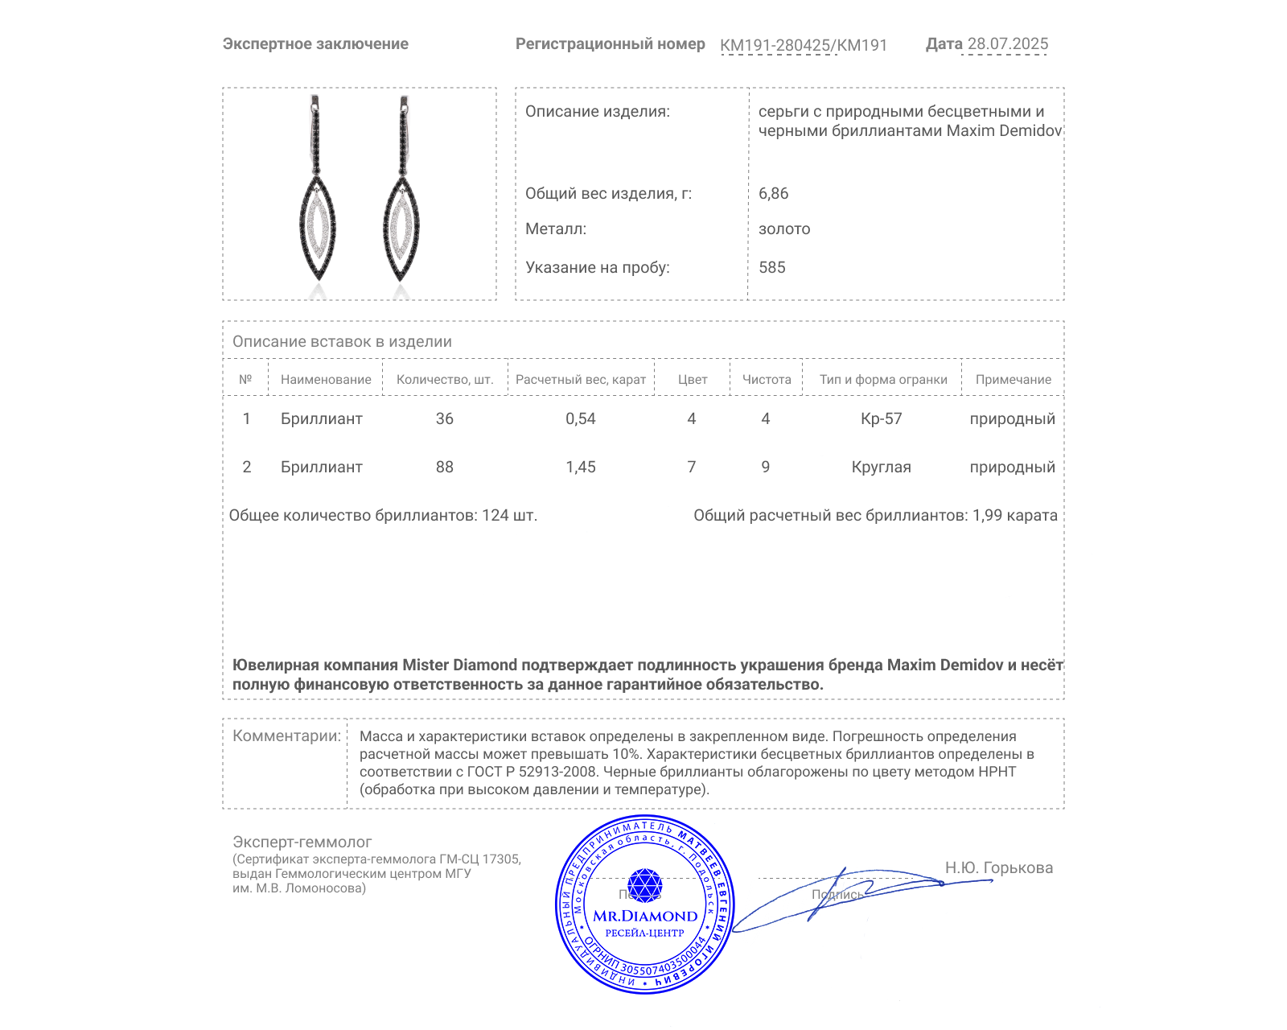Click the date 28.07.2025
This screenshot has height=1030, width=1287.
[x=1007, y=44]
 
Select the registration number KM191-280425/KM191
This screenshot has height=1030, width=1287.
[x=803, y=45]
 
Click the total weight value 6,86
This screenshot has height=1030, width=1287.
[x=773, y=193]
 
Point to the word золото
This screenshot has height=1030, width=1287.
[x=784, y=229]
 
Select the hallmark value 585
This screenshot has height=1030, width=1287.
[x=771, y=267]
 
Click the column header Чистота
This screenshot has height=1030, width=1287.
[x=766, y=380]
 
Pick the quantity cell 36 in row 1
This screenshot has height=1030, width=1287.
[x=444, y=418]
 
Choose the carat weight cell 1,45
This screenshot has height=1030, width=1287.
[x=580, y=467]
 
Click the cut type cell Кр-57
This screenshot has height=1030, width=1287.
[x=881, y=418]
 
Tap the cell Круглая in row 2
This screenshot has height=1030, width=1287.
[x=881, y=467]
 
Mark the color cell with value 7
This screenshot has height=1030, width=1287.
[x=691, y=467]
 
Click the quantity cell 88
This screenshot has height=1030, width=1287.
[x=444, y=467]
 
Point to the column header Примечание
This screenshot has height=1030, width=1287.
[x=1013, y=380]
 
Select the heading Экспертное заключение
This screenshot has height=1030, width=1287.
[x=315, y=44]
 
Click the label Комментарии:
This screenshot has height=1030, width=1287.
[x=286, y=735]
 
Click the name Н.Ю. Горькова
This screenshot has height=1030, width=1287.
[x=998, y=867]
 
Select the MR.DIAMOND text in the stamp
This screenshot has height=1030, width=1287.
[x=645, y=916]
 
